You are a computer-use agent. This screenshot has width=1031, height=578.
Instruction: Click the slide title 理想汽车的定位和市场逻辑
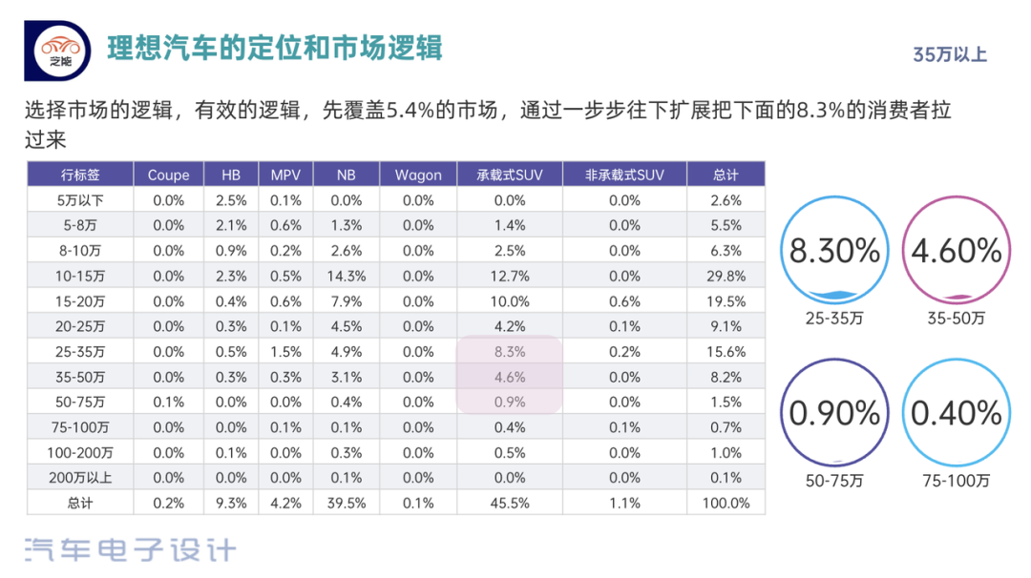tap(275, 48)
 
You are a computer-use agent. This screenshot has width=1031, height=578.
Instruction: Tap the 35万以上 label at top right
tap(949, 54)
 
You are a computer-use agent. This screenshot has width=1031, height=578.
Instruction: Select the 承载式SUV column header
tap(510, 175)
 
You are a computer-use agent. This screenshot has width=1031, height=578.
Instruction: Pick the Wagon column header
tap(418, 175)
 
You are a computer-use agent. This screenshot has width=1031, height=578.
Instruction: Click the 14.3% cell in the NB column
tap(347, 276)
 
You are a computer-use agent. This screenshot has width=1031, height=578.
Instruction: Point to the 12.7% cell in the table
tap(510, 276)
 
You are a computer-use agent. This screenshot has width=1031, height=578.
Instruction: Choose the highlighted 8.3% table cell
tap(510, 351)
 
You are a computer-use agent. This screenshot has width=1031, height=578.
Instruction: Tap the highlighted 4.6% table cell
tap(510, 377)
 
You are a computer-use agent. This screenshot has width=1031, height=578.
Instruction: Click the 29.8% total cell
tap(726, 276)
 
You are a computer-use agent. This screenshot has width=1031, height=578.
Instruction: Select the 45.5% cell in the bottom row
tap(510, 503)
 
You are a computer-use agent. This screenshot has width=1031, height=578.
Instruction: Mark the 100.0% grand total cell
tap(726, 503)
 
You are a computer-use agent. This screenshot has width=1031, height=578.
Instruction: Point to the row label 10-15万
tap(80, 276)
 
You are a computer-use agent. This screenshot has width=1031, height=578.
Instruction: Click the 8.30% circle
tap(833, 251)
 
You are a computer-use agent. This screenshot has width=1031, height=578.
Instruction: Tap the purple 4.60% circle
tap(956, 251)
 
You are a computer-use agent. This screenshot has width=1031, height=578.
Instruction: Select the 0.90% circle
tap(833, 413)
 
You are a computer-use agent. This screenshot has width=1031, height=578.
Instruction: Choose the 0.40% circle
tap(956, 413)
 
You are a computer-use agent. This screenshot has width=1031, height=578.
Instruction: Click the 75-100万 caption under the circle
tap(956, 482)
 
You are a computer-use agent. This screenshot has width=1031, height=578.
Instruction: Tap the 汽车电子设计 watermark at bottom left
tap(129, 549)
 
